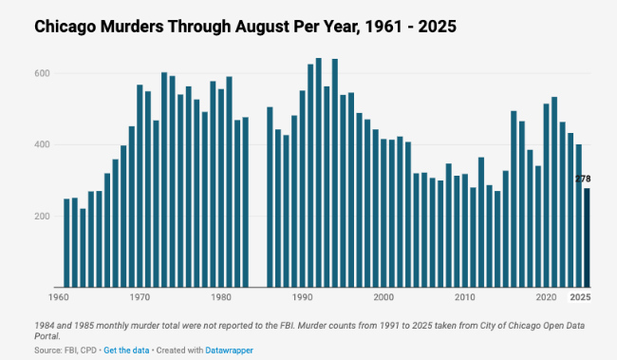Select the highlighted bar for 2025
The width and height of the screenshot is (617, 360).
(586, 237)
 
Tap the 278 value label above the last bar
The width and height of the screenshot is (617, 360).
(584, 180)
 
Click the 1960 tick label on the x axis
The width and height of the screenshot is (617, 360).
(58, 297)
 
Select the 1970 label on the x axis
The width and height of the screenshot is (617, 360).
(140, 297)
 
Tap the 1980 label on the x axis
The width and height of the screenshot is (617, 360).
(220, 297)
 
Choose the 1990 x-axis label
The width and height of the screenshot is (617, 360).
(302, 297)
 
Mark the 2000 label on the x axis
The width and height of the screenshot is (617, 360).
(383, 297)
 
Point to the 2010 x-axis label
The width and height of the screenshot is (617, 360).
(464, 297)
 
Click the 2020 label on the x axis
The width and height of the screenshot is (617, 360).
(546, 297)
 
